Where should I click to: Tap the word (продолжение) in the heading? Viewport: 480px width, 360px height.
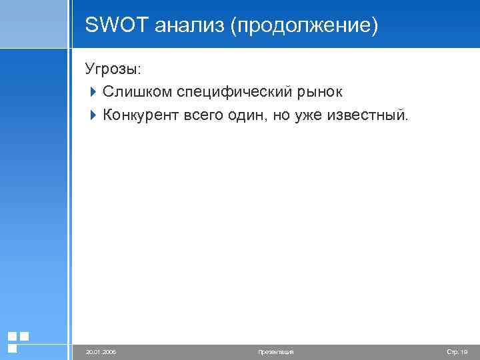304,26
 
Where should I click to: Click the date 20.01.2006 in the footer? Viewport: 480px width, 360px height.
101,351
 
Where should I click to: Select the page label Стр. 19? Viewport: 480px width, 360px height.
457,351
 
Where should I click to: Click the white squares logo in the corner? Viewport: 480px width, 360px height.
17,341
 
